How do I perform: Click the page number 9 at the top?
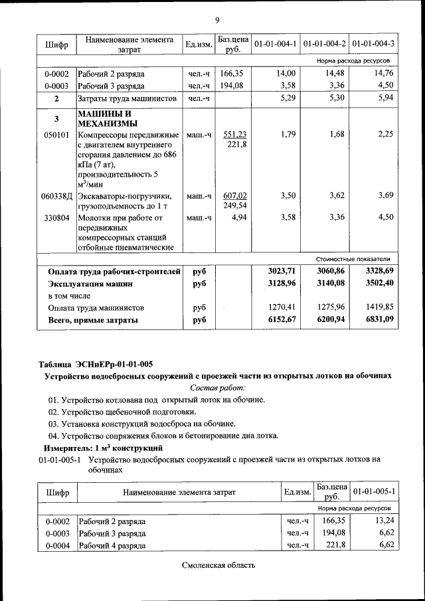(217, 19)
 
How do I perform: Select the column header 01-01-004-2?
(324, 44)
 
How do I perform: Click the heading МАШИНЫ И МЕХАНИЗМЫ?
(108, 118)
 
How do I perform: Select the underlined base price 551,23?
(234, 134)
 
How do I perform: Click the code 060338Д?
(56, 196)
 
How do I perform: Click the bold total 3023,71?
(281, 271)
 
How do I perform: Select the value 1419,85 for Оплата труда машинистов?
(378, 307)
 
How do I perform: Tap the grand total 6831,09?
(377, 319)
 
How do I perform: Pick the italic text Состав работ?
(217, 387)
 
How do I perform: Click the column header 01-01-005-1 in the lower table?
(375, 491)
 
